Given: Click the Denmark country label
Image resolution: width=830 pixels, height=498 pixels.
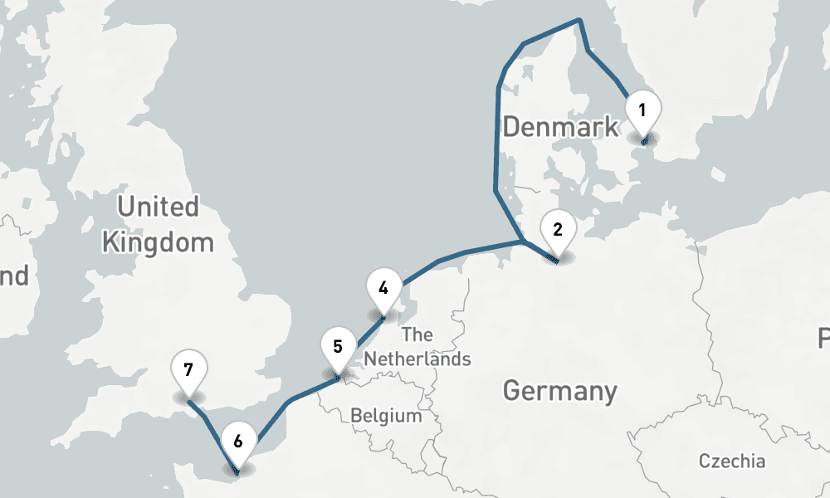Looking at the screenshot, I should [560, 127].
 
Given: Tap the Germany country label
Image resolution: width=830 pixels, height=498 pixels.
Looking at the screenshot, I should [560, 390].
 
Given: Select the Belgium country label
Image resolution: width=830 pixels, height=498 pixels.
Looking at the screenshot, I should [386, 415].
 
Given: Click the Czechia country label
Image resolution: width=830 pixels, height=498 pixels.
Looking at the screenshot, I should [732, 461].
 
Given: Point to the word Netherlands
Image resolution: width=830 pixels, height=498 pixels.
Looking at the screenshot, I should [417, 359].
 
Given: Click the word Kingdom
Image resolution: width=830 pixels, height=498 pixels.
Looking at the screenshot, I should [157, 242].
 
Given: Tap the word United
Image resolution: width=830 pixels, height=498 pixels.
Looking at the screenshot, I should [158, 207].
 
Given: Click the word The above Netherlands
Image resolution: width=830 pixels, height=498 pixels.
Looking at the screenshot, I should [417, 335].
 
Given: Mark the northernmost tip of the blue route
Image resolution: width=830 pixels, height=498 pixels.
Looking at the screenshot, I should [579, 21].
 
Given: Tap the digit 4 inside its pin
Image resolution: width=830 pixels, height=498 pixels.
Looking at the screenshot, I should [383, 289].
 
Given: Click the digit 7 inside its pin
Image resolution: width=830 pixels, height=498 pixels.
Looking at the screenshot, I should [188, 369].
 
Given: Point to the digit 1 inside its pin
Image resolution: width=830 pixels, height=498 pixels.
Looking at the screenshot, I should [642, 109].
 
